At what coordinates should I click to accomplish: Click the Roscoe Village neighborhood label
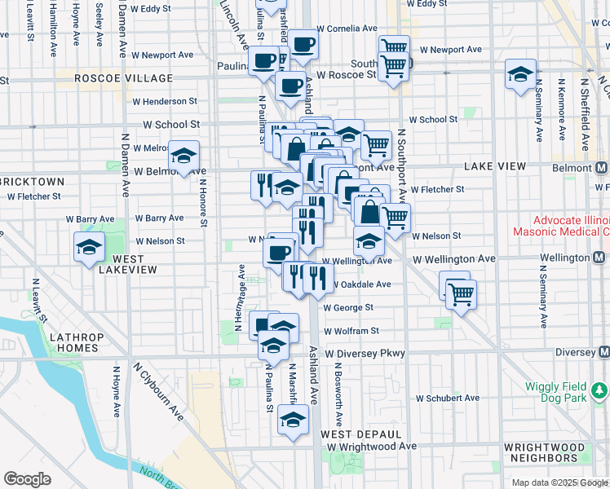[123, 78]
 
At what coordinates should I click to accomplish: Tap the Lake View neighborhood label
[495, 165]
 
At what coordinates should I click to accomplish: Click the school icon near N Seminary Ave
[519, 75]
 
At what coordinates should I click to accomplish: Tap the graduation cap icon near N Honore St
[184, 156]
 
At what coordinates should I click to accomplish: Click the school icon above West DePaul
[291, 421]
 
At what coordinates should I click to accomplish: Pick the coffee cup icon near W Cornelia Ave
[303, 44]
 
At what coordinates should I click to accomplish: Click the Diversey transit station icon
[603, 352]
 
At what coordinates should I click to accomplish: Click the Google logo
[27, 479]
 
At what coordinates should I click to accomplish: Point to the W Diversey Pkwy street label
[365, 354]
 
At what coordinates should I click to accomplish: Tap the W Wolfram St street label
[351, 331]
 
